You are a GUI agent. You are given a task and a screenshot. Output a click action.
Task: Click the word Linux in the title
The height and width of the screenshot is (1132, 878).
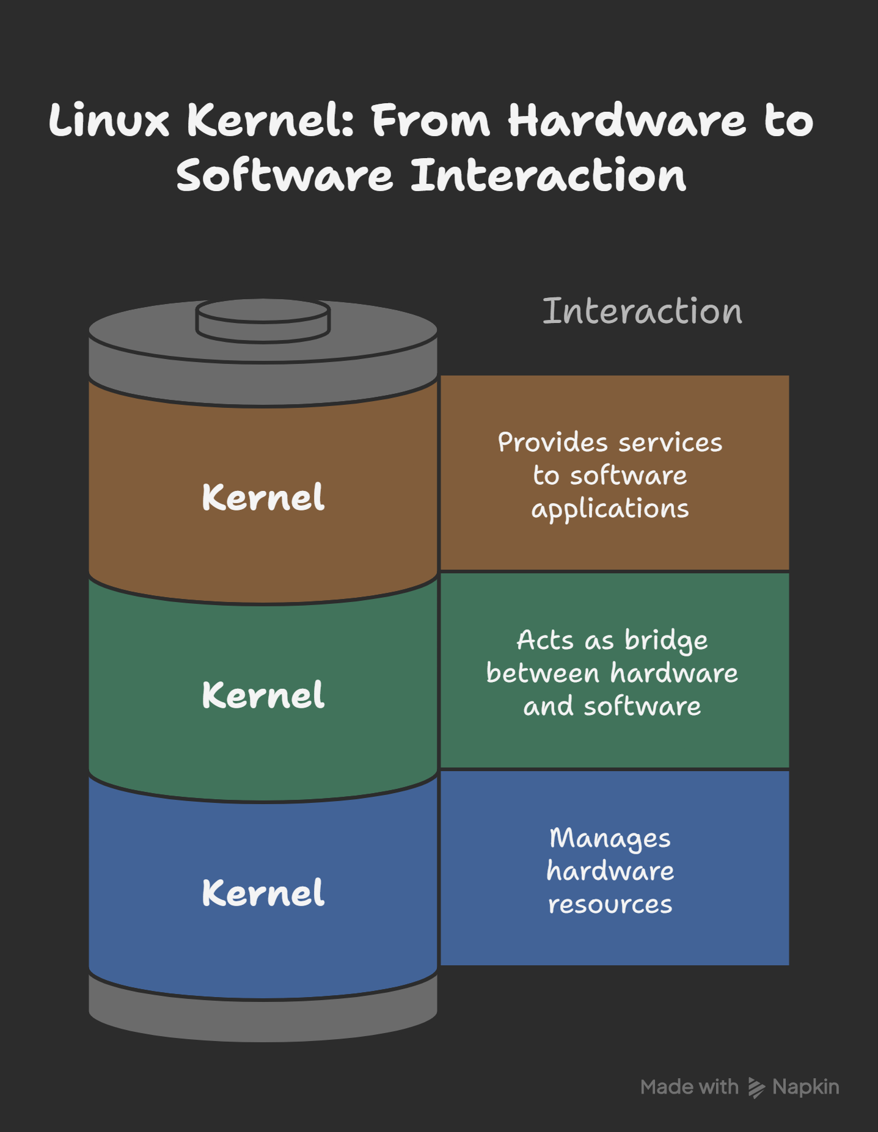click(x=108, y=120)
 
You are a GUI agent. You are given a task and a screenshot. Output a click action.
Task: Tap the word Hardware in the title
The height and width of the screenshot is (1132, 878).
click(x=626, y=120)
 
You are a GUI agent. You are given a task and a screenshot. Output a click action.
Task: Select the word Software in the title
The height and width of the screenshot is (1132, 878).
click(x=284, y=176)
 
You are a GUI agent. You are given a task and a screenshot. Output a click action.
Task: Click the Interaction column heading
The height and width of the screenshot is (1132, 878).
click(x=642, y=311)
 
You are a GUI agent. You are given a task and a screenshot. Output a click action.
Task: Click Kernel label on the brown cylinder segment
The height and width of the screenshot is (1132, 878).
click(x=263, y=497)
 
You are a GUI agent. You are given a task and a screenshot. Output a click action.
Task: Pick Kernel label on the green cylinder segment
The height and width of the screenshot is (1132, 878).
click(x=263, y=695)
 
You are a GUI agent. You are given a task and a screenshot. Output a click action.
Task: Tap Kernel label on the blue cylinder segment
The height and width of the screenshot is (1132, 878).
click(x=263, y=893)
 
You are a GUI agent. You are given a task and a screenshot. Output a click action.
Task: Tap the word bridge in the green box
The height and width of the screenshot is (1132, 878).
click(x=666, y=640)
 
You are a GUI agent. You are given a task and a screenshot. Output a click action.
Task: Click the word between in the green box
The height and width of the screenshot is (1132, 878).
click(x=543, y=673)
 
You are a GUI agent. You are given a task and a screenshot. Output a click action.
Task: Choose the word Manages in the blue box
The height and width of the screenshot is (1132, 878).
click(x=610, y=838)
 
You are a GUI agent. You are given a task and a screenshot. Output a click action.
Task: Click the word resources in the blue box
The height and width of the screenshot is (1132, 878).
click(x=610, y=904)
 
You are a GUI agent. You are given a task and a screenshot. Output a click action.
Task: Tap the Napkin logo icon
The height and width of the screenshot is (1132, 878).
click(x=756, y=1087)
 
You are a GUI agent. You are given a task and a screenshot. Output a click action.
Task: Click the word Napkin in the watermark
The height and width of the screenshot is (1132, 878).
click(x=805, y=1087)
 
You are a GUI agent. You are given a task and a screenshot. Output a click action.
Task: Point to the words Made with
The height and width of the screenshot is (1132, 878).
click(x=689, y=1087)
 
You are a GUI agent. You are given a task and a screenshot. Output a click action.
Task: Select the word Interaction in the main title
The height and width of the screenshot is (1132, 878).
click(x=548, y=176)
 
